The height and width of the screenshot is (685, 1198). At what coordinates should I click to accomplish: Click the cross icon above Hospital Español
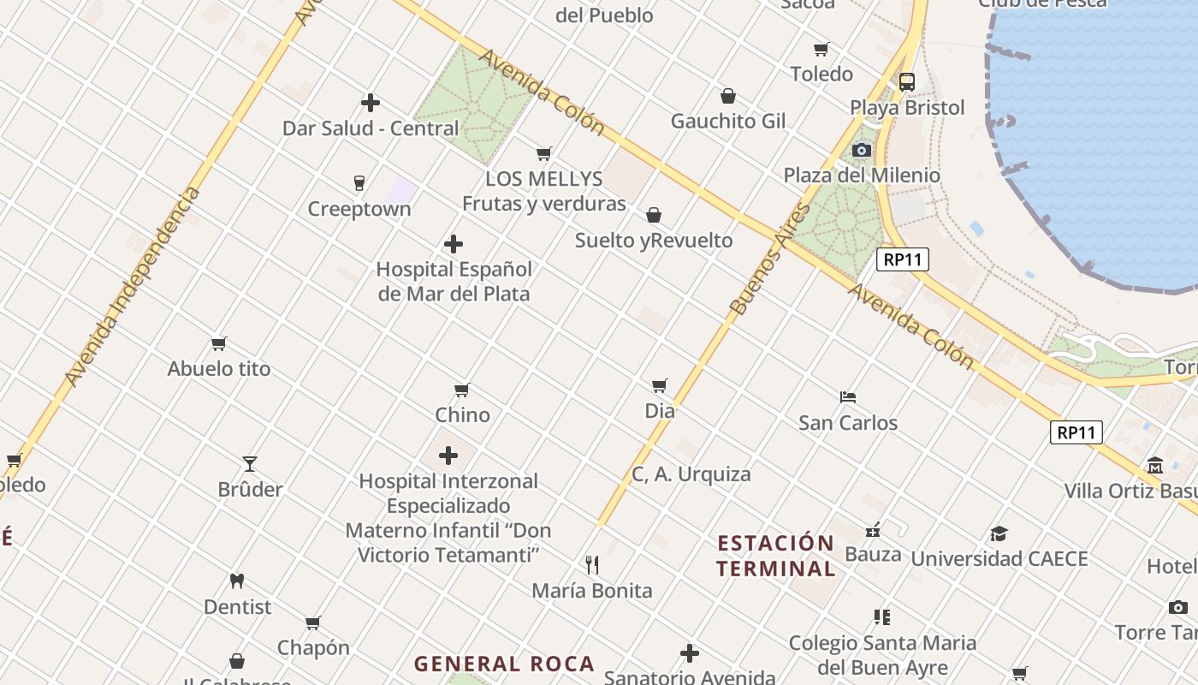[454, 245]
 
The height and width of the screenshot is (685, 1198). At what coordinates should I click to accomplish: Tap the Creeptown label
[359, 209]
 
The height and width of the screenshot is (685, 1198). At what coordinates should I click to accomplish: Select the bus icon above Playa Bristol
[906, 82]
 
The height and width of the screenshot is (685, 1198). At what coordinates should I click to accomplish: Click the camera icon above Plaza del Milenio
[862, 151]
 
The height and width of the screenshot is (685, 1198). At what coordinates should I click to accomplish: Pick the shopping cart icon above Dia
[659, 386]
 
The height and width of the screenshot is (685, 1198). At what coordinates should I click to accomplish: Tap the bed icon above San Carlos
[848, 397]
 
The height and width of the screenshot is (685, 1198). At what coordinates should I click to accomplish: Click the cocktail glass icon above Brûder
[250, 464]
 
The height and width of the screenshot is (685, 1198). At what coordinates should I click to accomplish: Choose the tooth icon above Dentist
[237, 581]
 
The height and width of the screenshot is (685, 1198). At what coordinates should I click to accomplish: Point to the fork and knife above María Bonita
[591, 564]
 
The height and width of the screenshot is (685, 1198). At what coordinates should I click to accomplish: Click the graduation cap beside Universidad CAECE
[999, 534]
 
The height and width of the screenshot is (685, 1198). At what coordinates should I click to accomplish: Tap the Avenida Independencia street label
[133, 286]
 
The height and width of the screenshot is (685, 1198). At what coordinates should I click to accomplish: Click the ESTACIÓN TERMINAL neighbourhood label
[775, 556]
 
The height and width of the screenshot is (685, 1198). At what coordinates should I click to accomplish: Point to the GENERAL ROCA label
[504, 664]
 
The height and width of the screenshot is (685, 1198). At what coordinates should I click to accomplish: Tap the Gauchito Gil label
[727, 121]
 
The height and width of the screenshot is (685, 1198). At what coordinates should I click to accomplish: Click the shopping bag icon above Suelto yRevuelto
[654, 215]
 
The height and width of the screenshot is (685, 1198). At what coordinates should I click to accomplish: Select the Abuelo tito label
[219, 369]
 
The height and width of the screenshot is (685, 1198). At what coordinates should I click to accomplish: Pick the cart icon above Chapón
[313, 622]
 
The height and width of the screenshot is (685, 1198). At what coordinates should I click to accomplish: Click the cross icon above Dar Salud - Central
[371, 103]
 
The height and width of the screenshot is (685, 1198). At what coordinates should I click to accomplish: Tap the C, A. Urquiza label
[691, 474]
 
